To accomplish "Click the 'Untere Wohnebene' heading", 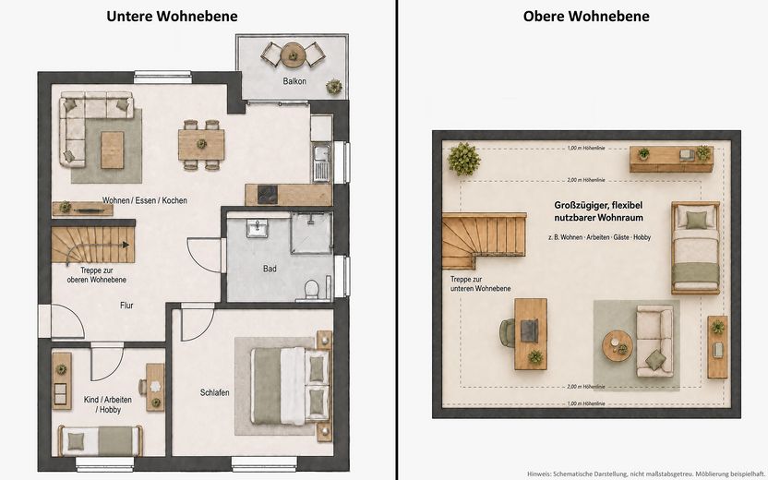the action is [172, 17].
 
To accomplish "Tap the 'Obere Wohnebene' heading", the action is [586, 17].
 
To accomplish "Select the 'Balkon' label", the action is [294, 81].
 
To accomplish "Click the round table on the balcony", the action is [293, 54].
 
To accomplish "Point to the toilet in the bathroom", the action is [311, 289].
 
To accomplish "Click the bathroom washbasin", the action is [258, 228].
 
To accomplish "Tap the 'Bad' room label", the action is [270, 269].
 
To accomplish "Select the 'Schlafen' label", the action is [214, 392].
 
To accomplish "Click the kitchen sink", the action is [322, 162].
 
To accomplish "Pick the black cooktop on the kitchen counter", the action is [268, 194].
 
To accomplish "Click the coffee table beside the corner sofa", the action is [113, 150].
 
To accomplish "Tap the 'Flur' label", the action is [126, 306].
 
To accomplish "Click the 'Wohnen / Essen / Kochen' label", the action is [145, 200].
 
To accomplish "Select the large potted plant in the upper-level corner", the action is [463, 159].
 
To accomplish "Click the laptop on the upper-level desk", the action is [530, 330].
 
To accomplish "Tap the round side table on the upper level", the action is [618, 346].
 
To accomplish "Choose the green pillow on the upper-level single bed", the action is [697, 220].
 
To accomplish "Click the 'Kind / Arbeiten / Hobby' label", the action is [108, 404].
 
